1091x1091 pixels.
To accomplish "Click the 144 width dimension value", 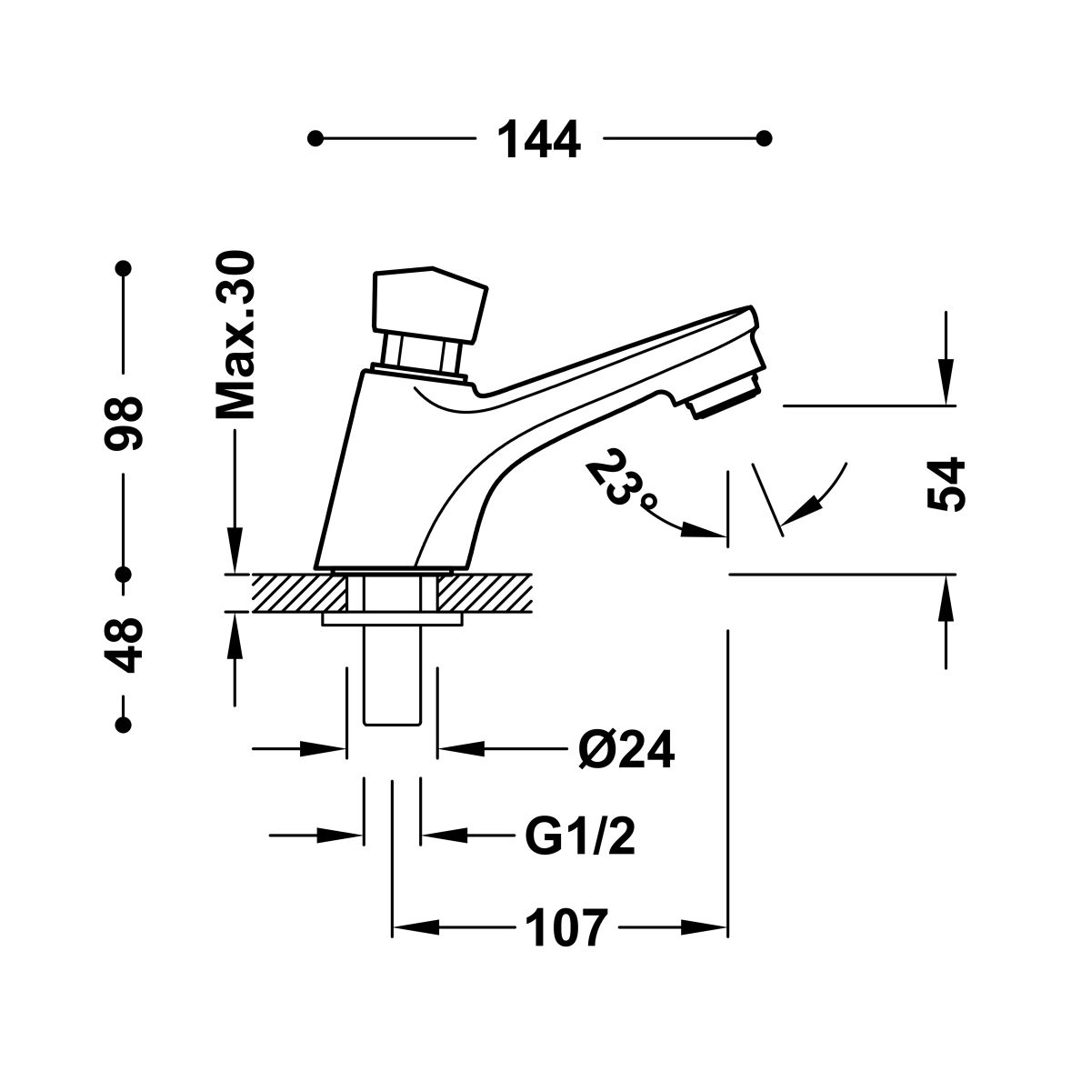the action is (x=539, y=139).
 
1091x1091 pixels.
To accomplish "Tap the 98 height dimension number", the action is (x=123, y=424).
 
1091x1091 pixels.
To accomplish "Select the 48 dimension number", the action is (x=123, y=645).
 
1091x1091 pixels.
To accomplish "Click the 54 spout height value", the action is (x=946, y=485).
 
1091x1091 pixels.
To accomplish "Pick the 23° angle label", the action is (x=621, y=477).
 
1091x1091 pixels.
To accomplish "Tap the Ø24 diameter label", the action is (x=626, y=749).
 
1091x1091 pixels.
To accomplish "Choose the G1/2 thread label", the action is (x=580, y=836).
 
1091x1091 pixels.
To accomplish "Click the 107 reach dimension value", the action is (x=566, y=928).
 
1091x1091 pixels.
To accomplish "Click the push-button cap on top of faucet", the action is (x=429, y=305).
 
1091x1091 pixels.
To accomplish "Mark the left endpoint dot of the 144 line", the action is (x=315, y=138).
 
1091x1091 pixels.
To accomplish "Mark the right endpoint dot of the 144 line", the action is (x=765, y=138).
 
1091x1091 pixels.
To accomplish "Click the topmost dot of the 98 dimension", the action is (x=123, y=268).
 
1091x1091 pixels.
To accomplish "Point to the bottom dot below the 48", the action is (x=123, y=725).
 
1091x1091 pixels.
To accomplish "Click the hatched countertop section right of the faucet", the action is (x=485, y=593).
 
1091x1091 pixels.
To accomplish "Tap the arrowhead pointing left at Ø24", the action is (x=461, y=749).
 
